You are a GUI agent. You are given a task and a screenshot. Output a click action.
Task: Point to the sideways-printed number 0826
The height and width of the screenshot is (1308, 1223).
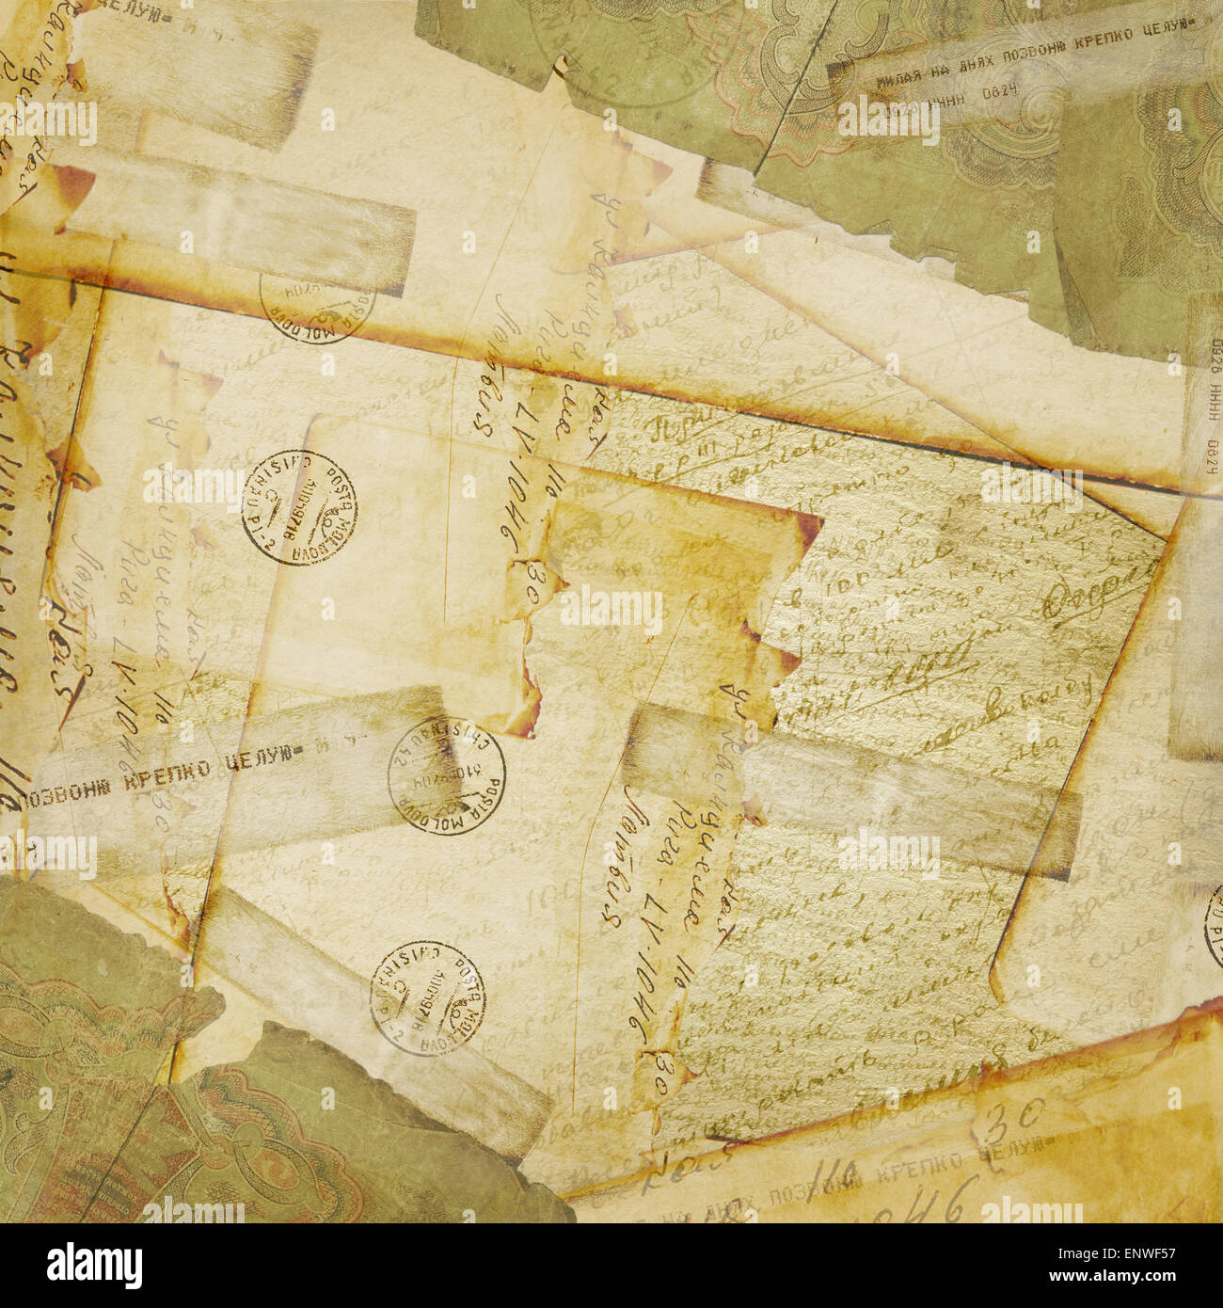1215,357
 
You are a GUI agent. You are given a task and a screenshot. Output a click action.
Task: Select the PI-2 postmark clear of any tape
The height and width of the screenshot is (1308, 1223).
299,507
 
